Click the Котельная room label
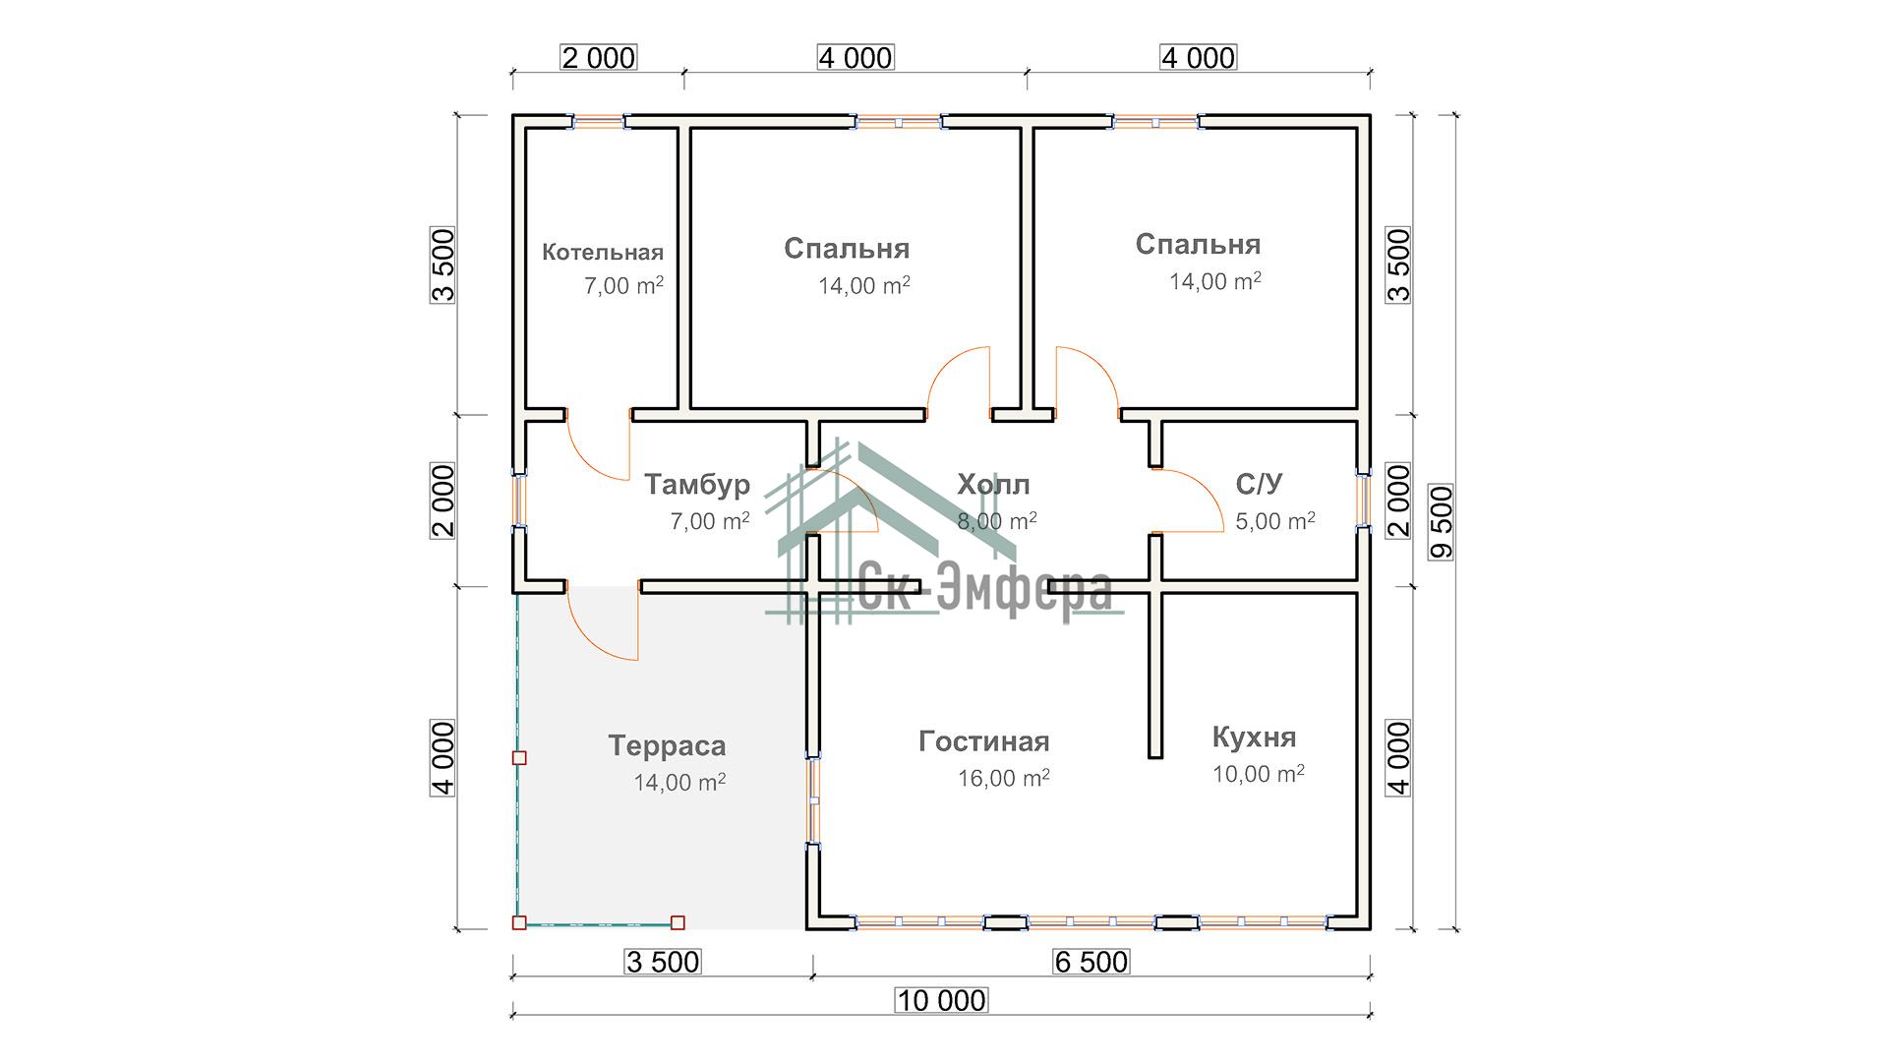(602, 253)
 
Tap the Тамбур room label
(696, 484)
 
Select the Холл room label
(993, 484)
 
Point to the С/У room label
(1259, 484)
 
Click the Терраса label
(667, 745)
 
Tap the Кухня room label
(1254, 737)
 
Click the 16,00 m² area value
(1003, 778)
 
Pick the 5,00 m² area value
(1274, 521)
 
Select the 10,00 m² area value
(1258, 774)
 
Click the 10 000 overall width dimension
(941, 1001)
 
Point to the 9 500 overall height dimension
(1442, 522)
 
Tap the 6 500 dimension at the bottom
(1091, 962)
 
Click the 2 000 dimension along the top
(598, 58)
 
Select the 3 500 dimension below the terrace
(662, 962)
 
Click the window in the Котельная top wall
(599, 122)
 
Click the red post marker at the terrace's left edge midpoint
(519, 758)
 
